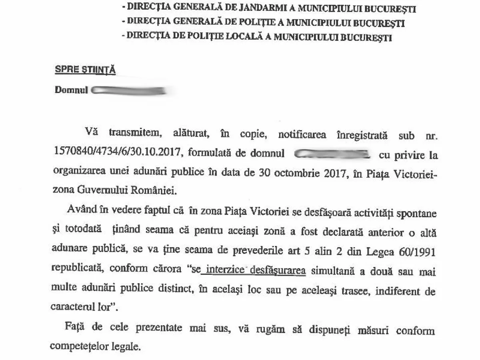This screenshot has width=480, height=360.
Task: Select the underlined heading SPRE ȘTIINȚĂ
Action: [x=85, y=70]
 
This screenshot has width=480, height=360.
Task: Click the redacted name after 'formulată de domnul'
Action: [x=331, y=153]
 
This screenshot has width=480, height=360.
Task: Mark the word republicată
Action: [x=78, y=270]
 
